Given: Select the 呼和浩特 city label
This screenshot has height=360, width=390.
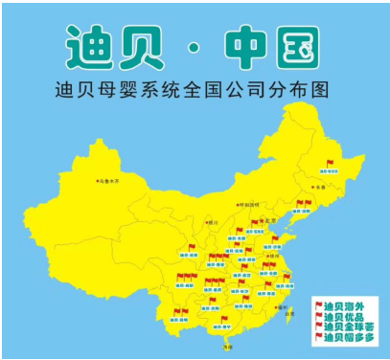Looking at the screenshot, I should (250, 204).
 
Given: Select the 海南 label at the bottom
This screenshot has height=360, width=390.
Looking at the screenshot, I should (226, 347).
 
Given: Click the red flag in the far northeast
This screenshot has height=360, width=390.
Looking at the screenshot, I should (330, 164).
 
